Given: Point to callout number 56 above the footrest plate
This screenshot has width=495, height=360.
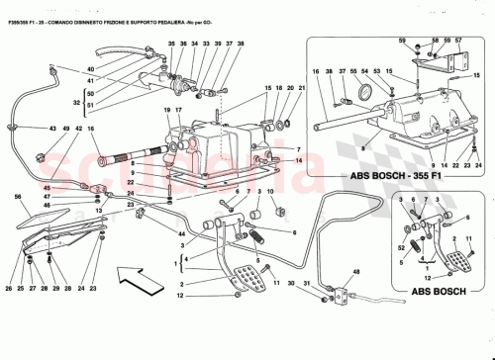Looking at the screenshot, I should pyautogui.click(x=20, y=197).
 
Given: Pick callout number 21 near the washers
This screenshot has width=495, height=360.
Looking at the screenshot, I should pyautogui.click(x=302, y=87).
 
